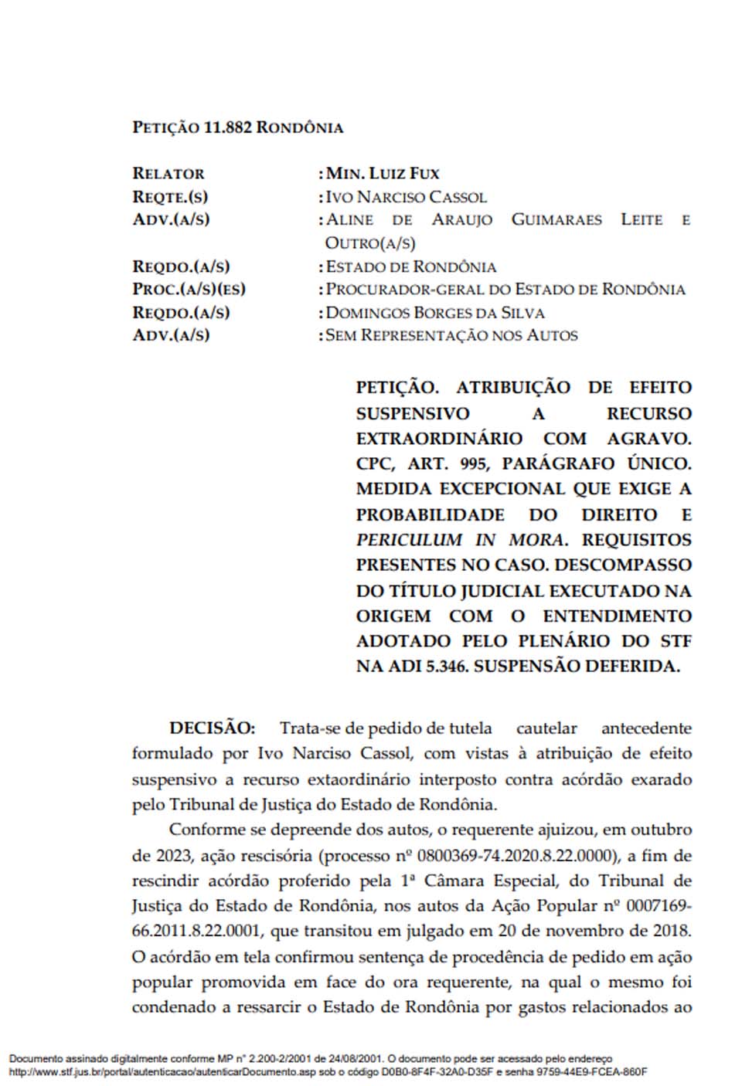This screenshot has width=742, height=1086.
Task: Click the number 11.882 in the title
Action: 228,127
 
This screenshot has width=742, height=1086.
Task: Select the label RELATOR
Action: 168,174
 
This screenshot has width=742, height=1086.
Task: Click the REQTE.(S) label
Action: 170,197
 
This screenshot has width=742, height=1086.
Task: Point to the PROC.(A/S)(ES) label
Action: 189,290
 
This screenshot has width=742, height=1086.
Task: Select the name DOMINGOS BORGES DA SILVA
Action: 435,313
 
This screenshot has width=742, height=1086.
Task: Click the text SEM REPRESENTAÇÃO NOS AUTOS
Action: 451,335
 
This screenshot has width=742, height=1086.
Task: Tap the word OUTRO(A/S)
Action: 370,243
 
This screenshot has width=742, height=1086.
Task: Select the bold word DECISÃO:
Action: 212,728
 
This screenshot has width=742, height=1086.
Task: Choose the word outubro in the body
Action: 661,830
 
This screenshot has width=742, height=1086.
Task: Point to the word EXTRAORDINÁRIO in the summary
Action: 439,438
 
